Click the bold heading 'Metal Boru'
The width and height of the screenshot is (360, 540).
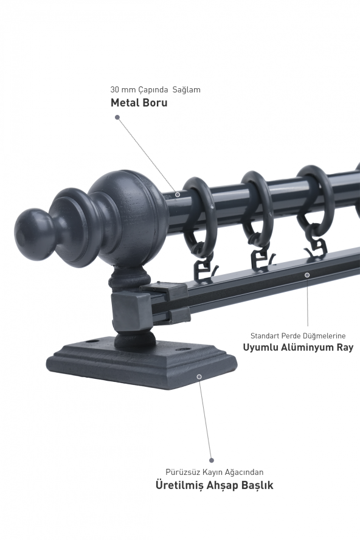tap(139, 103)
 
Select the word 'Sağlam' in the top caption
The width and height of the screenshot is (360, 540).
tap(186, 90)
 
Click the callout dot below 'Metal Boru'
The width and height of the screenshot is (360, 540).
tap(117, 117)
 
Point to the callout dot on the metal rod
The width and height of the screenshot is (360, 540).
tap(178, 195)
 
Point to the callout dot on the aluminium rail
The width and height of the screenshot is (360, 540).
tap(307, 275)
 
